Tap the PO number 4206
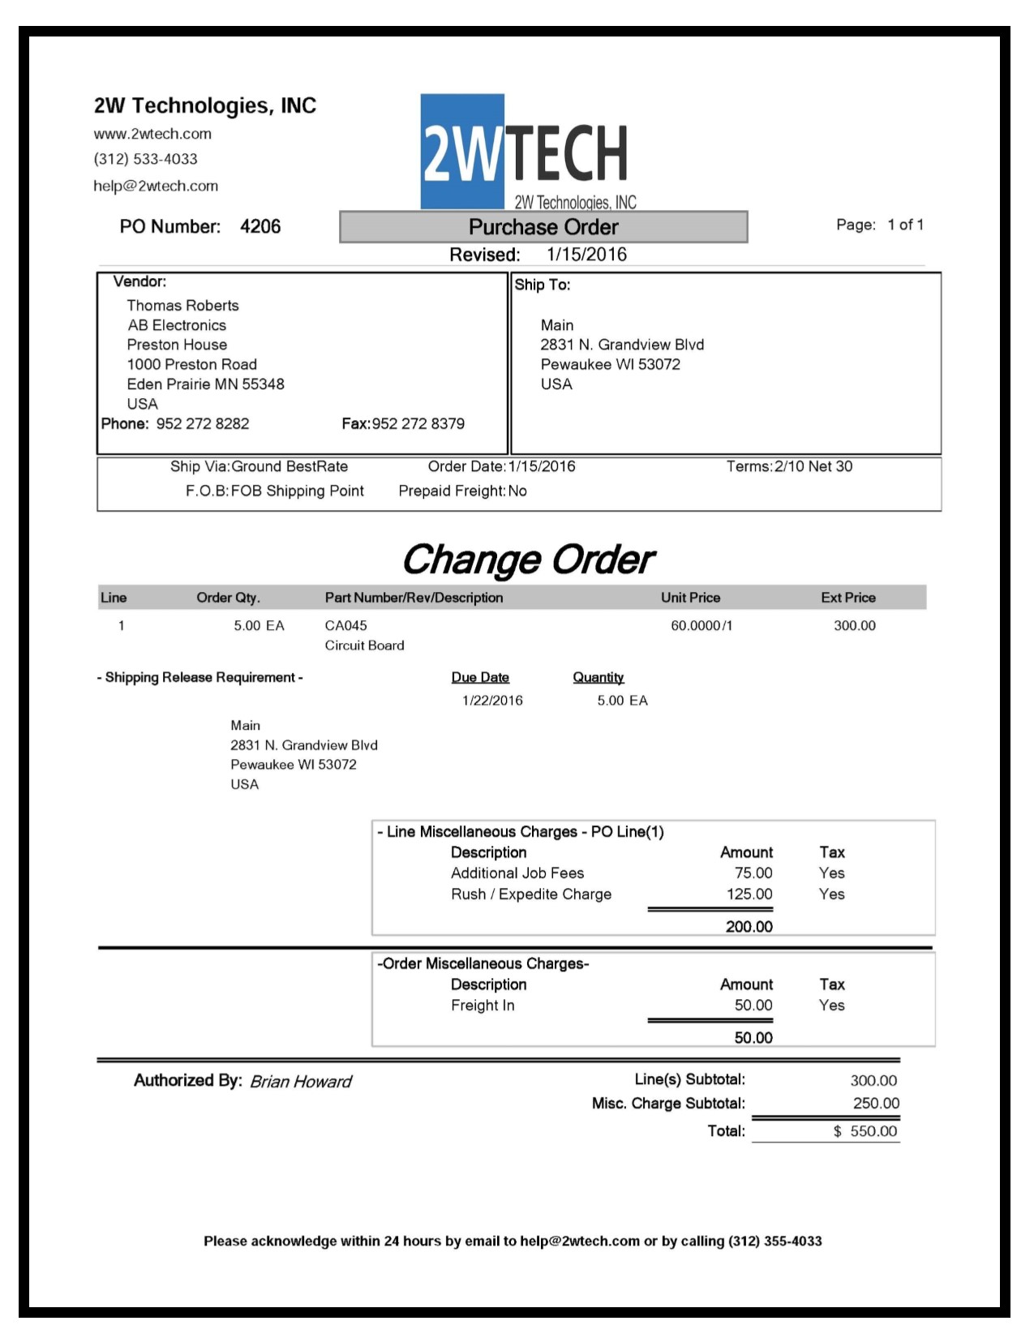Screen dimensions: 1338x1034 260,227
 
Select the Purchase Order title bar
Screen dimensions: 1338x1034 543,227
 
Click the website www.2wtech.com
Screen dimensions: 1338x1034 152,134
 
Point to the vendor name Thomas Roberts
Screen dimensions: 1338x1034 182,306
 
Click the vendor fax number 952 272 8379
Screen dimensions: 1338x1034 418,423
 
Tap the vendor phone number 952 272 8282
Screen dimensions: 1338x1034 203,423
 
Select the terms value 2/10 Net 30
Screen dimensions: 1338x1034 813,466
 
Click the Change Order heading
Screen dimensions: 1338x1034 528,560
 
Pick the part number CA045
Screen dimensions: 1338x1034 345,625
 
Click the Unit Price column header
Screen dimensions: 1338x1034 690,598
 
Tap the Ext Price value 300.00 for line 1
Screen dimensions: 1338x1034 855,625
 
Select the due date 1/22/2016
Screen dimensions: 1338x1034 492,701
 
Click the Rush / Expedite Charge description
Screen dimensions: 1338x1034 531,894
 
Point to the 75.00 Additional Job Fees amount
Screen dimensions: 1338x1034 753,873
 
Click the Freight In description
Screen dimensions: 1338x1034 483,1006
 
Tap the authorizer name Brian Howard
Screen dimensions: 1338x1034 300,1082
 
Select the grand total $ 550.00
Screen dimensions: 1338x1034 865,1131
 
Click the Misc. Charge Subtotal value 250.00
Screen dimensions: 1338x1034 876,1104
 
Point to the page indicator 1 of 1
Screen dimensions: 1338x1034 905,225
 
